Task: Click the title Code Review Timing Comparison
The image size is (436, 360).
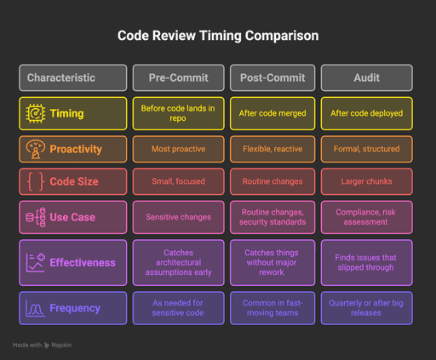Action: tap(218, 37)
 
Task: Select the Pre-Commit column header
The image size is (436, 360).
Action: tap(179, 77)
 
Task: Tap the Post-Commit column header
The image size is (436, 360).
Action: tap(272, 77)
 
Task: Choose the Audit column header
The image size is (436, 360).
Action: tap(366, 77)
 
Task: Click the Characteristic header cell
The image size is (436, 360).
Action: tap(73, 77)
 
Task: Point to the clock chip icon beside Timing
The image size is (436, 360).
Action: tap(36, 113)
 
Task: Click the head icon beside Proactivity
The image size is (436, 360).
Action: tap(36, 149)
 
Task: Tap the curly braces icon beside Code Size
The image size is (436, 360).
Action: tap(36, 181)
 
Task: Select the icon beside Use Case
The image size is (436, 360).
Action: tap(36, 217)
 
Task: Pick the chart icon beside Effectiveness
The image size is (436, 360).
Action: tap(36, 262)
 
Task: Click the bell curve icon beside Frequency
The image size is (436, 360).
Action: tap(36, 308)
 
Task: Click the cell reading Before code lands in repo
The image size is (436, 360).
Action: tap(179, 113)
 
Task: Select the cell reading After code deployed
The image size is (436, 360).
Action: tap(366, 113)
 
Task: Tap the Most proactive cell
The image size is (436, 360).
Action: tap(179, 149)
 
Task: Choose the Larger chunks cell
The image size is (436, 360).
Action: tap(366, 181)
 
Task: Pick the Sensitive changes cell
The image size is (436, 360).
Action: tap(179, 217)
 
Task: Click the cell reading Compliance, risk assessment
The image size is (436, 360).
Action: tap(366, 217)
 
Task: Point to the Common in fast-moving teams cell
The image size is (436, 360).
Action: tap(272, 308)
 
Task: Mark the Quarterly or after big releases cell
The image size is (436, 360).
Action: tap(366, 308)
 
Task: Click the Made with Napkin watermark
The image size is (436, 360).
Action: tap(43, 346)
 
